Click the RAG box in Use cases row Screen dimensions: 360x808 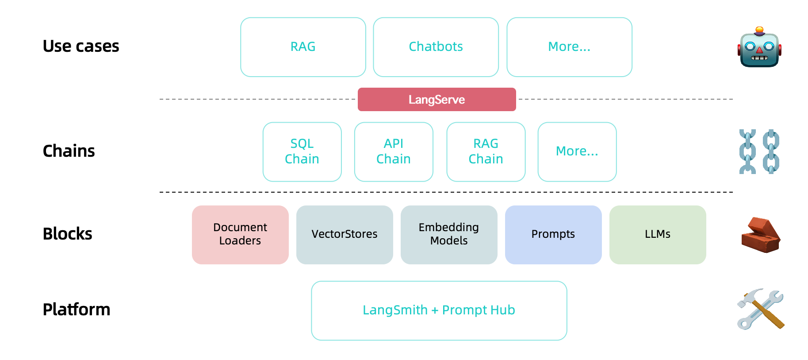303,47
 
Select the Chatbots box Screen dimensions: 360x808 436,47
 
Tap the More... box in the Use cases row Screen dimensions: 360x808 569,47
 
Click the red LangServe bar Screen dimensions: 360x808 437,100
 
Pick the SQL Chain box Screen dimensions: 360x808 302,151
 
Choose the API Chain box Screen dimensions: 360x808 394,151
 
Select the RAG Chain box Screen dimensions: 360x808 486,151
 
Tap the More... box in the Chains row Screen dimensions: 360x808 577,151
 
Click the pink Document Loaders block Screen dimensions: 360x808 240,234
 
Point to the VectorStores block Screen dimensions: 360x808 345,234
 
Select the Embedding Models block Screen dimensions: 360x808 449,234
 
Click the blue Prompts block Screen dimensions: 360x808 553,234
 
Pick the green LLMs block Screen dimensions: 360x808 658,234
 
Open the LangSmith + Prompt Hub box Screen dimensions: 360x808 439,310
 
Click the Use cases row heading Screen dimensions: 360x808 81,46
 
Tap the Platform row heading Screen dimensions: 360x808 77,310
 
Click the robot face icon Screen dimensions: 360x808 759,48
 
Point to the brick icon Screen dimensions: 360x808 761,235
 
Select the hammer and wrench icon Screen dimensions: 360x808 760,309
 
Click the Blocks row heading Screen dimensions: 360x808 68,234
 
